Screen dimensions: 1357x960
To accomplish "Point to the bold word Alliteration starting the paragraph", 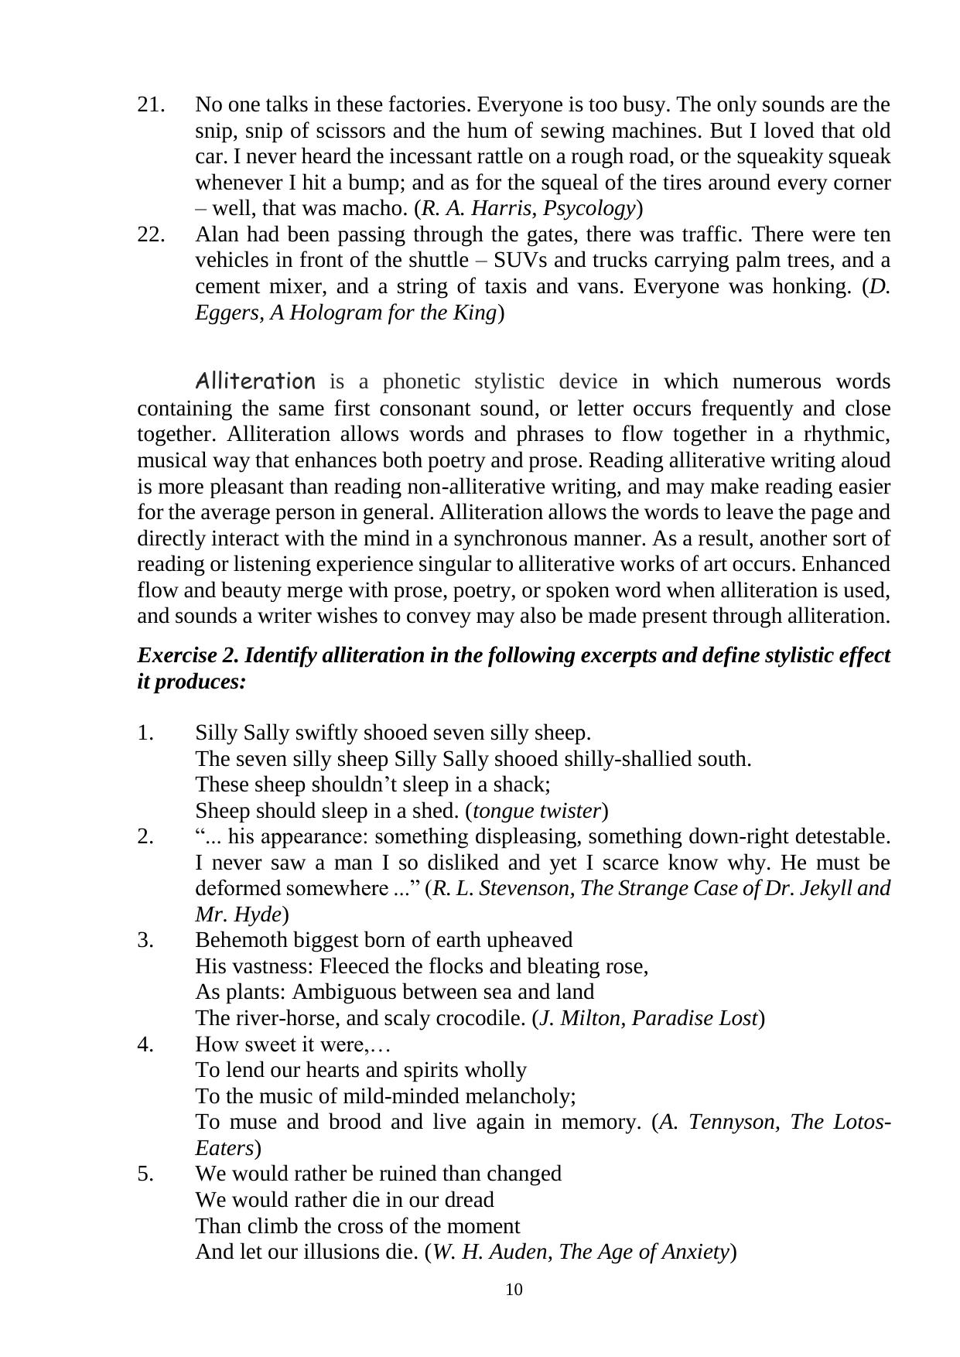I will point(255,381).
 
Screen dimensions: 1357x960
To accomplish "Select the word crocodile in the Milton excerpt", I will point(483,1018).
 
